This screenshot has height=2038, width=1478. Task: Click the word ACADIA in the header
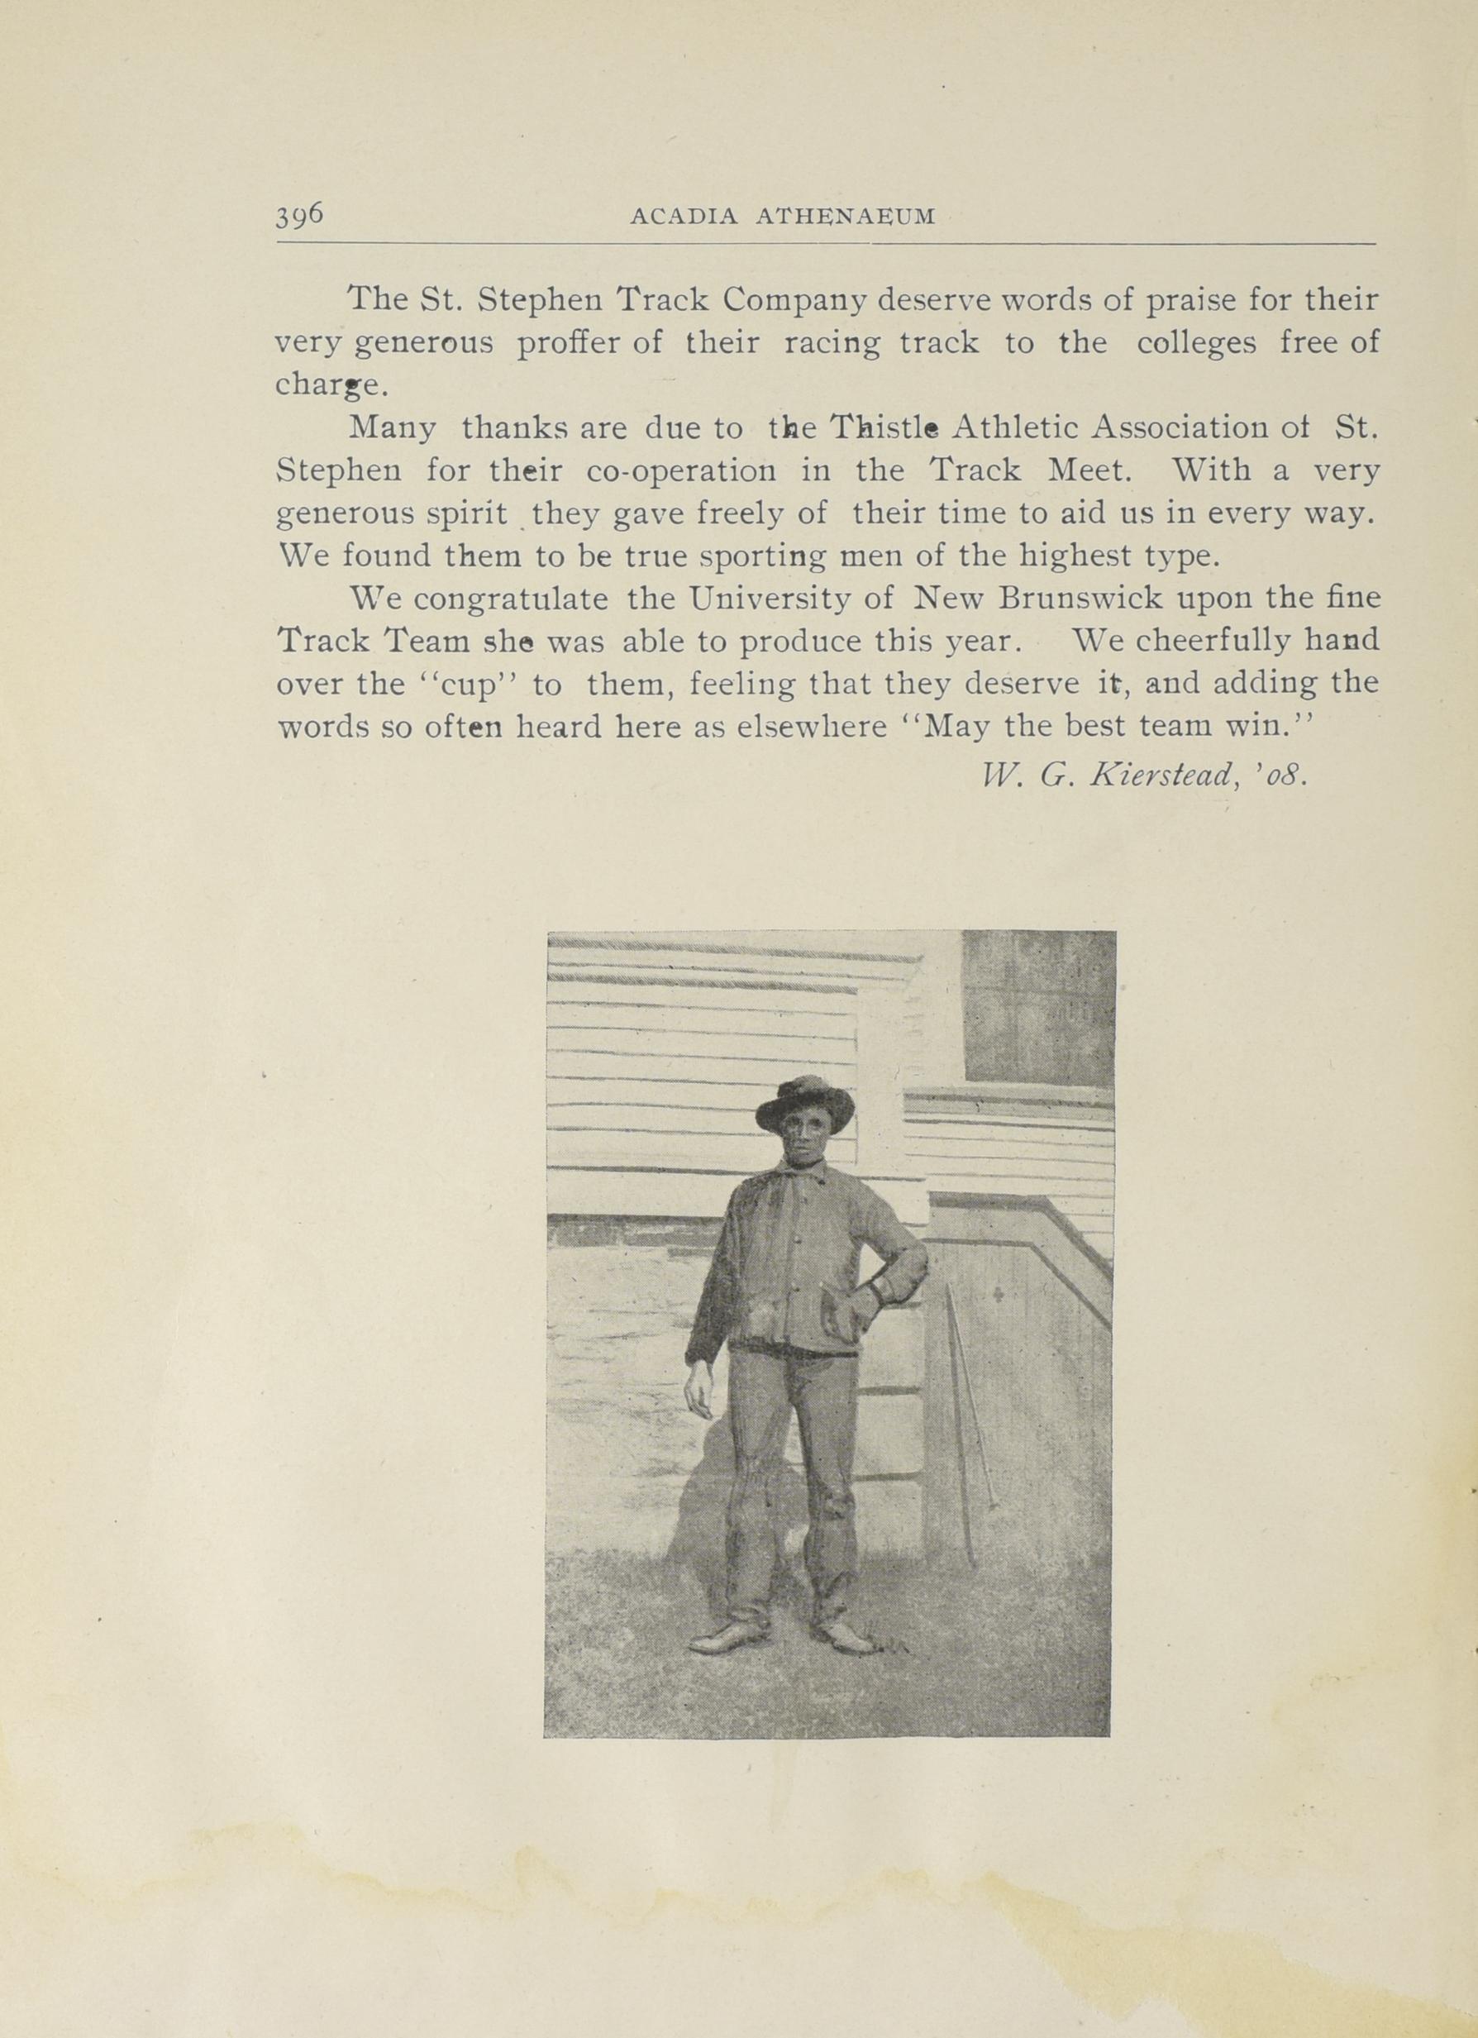(x=679, y=217)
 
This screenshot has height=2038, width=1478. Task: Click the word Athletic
(x=1015, y=427)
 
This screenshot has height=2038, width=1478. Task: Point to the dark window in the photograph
(x=1037, y=1006)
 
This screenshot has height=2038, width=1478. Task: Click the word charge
(x=331, y=386)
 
